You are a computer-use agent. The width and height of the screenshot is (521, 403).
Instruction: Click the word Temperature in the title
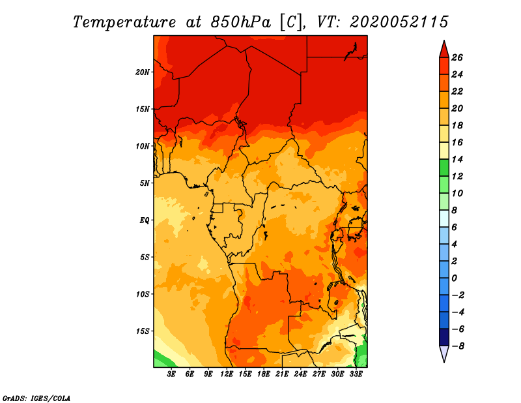124,22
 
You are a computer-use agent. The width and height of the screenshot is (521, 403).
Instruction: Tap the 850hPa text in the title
240,22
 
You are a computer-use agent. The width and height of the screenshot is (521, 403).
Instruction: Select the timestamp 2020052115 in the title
399,22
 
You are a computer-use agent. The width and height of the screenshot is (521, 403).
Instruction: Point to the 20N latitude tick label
142,72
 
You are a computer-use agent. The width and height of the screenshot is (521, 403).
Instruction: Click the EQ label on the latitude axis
144,220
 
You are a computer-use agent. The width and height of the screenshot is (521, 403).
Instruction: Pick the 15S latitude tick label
143,331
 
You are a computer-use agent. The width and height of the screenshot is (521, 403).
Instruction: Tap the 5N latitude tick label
144,183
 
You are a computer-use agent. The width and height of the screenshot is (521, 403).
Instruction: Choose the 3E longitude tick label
171,374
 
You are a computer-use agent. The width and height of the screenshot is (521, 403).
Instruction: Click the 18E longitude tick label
263,374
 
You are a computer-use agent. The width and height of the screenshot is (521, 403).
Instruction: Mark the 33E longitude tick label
356,374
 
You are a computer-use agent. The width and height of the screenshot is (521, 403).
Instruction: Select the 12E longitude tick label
226,374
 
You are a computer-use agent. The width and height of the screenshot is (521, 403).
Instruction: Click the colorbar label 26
457,57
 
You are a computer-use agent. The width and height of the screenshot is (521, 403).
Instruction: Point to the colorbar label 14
457,159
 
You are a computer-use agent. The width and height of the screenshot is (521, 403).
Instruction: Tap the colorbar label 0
454,278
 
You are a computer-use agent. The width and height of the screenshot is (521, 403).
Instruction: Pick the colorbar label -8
458,346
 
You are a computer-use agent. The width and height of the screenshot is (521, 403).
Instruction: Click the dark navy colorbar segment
444,337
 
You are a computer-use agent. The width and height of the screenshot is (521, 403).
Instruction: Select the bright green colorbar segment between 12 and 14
444,168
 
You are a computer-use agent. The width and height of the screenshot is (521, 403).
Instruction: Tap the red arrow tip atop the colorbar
444,40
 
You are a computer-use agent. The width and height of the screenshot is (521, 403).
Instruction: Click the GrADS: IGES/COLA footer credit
36,398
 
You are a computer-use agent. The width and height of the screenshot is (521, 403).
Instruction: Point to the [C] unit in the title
291,22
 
